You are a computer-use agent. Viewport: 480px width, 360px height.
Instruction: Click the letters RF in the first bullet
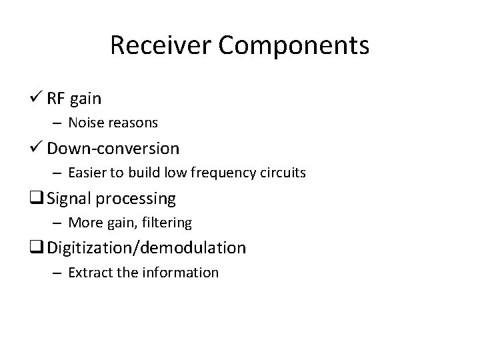point(56,99)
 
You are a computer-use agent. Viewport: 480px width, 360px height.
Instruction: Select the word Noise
point(86,123)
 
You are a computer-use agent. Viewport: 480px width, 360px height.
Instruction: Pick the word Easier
point(89,173)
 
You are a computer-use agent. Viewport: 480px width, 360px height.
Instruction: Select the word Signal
point(70,199)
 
